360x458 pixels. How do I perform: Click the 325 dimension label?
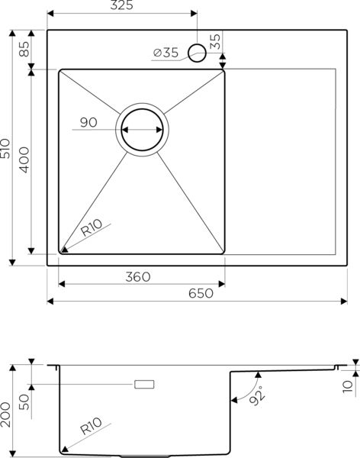(121, 5)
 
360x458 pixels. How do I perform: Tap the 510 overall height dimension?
(5, 148)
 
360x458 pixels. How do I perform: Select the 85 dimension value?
(24, 49)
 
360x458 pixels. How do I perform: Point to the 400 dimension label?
(24, 160)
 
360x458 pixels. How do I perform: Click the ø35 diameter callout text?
(166, 53)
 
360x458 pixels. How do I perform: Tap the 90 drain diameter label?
(88, 122)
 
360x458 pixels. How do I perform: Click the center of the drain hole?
(142, 130)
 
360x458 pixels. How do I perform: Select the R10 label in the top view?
(92, 227)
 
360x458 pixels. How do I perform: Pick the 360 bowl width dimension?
(138, 276)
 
